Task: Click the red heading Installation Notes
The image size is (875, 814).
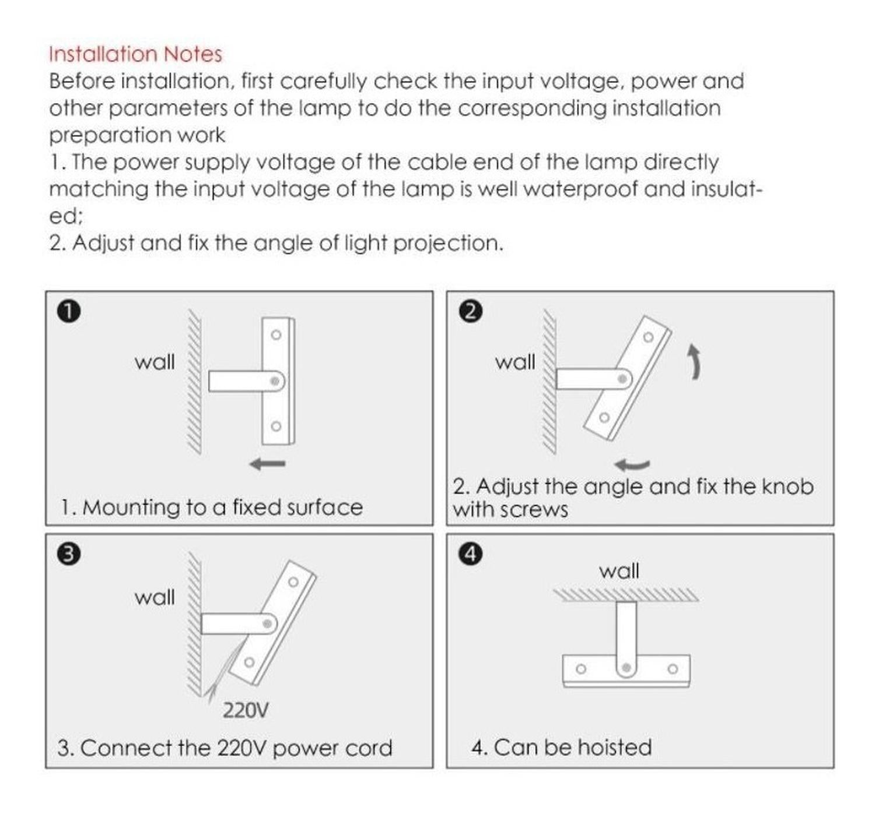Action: coord(135,54)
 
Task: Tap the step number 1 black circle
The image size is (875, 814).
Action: coord(69,311)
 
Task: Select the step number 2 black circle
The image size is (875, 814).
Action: coord(471,311)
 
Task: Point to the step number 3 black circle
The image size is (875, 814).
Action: coord(69,554)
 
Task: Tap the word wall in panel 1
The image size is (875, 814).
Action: coord(155,362)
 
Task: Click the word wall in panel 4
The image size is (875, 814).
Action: coord(619,570)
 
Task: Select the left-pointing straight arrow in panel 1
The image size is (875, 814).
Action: coord(268,464)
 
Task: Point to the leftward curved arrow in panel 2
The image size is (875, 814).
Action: coord(632,464)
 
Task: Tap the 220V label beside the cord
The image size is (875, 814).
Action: coord(246,710)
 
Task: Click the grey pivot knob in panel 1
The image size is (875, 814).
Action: coord(275,381)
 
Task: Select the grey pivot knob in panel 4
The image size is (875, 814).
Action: coord(626,668)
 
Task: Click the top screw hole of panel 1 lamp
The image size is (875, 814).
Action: coord(276,335)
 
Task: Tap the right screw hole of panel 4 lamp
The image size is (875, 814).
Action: coord(673,668)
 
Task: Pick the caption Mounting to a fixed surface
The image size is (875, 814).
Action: coord(222,507)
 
